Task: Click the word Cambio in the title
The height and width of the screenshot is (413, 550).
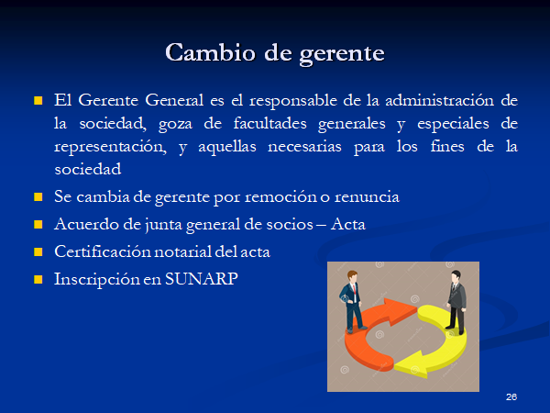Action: [x=211, y=52]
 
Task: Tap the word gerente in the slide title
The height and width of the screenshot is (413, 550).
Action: [x=342, y=55]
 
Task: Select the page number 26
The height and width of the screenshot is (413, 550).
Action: [x=511, y=396]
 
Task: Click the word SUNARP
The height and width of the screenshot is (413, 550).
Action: [x=202, y=279]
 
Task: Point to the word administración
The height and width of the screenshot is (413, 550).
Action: [x=439, y=100]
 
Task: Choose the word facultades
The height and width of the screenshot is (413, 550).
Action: [x=269, y=123]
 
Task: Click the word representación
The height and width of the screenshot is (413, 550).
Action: [x=110, y=147]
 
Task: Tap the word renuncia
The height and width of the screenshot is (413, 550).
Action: [x=367, y=196]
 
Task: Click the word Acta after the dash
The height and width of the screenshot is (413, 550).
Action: [x=347, y=224]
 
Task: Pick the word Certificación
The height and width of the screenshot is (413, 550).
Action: [x=103, y=251]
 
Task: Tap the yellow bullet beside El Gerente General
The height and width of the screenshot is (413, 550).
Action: [x=38, y=101]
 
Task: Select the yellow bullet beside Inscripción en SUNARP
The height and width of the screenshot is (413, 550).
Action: [x=38, y=280]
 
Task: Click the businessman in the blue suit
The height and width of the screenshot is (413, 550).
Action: [x=353, y=301]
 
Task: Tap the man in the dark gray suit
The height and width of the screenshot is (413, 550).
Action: [x=456, y=302]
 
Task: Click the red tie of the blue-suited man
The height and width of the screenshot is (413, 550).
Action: [x=355, y=291]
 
